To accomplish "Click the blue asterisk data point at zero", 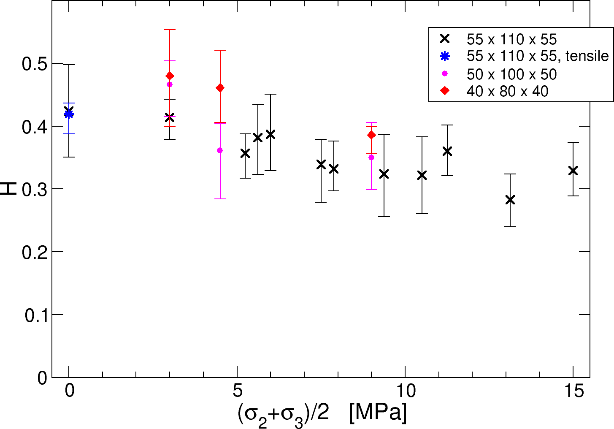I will pyautogui.click(x=69, y=114).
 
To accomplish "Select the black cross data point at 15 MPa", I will pyautogui.click(x=573, y=171).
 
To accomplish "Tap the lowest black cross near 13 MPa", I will pyautogui.click(x=510, y=200).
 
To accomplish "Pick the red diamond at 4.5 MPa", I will pyautogui.click(x=220, y=88).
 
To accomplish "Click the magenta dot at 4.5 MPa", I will pyautogui.click(x=220, y=150).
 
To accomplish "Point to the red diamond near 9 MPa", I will pyautogui.click(x=371, y=135).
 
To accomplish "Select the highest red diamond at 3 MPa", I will pyautogui.click(x=170, y=76).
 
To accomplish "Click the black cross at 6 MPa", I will pyautogui.click(x=270, y=134).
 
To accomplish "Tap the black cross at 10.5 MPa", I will pyautogui.click(x=422, y=175).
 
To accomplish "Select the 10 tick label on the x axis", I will pyautogui.click(x=405, y=391).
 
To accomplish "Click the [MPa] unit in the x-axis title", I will pyautogui.click(x=378, y=413).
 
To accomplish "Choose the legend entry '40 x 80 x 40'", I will pyautogui.click(x=507, y=91).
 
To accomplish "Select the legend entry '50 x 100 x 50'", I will pyautogui.click(x=511, y=74).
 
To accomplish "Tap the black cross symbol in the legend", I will pyautogui.click(x=444, y=39).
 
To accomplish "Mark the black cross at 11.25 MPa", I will pyautogui.click(x=447, y=151).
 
